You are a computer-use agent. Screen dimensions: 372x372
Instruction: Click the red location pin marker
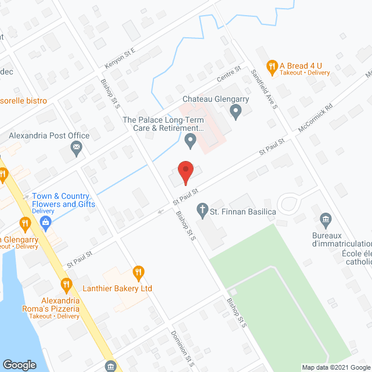(x=185, y=172)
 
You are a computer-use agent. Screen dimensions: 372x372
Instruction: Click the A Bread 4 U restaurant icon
(x=271, y=66)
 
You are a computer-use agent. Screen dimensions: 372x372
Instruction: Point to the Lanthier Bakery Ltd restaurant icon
(x=138, y=271)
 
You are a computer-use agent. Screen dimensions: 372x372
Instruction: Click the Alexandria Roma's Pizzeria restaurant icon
(x=66, y=285)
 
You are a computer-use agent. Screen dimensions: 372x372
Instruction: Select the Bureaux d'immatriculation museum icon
(x=325, y=219)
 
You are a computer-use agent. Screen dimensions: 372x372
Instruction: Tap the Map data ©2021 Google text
(x=336, y=367)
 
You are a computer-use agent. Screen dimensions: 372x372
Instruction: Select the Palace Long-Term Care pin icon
(x=190, y=140)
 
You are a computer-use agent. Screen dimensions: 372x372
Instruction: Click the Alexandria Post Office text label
(x=49, y=135)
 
